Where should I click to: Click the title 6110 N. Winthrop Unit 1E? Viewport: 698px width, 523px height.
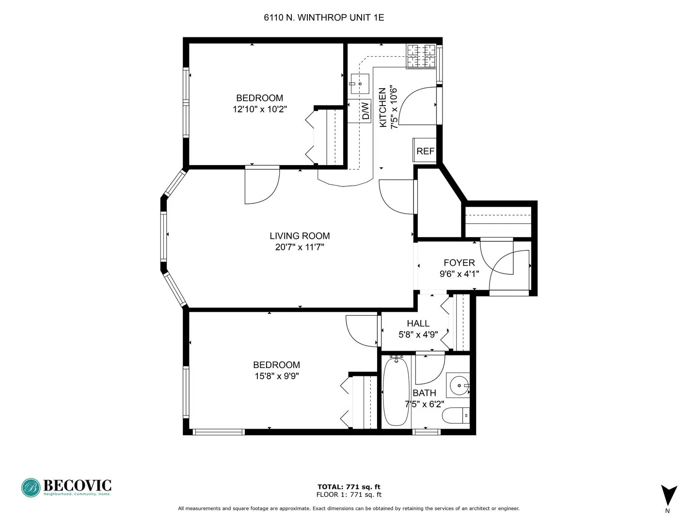pos(323,18)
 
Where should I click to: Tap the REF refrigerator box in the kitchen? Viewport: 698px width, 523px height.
pos(425,151)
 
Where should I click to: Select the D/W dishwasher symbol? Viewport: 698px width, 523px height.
pos(366,110)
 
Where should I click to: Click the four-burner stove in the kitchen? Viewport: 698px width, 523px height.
pos(421,56)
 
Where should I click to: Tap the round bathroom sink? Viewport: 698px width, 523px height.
pos(458,386)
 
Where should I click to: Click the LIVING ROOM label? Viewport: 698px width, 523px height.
pos(300,236)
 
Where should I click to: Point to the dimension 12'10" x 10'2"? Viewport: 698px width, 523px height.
pos(259,109)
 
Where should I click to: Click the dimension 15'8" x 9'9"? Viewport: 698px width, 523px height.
pos(276,376)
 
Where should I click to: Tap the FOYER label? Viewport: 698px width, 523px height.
pos(459,263)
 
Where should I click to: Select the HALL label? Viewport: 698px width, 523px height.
pos(418,323)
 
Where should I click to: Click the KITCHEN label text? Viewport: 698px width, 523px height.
pos(382,108)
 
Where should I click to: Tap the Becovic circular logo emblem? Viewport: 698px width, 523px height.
pos(31,488)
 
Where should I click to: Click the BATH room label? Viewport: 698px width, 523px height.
pos(424,393)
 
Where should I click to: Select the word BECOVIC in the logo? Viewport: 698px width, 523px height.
pos(78,485)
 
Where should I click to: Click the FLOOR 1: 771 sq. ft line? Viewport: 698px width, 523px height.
pos(349,494)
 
